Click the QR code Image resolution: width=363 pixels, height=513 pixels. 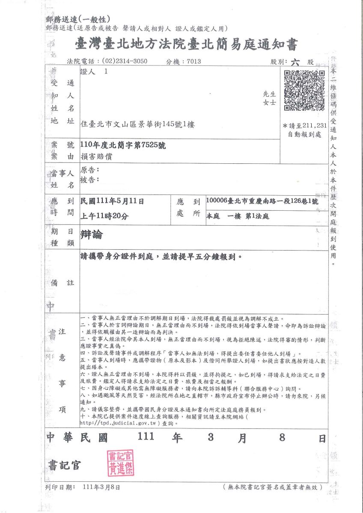coord(304,91)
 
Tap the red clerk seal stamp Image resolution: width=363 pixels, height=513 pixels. coord(121,463)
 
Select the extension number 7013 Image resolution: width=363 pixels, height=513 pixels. coord(194,62)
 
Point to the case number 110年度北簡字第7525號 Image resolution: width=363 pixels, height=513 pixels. coord(123,145)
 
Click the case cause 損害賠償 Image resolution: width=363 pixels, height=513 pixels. coord(96,157)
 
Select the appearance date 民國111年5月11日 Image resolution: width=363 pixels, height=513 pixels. coord(112,201)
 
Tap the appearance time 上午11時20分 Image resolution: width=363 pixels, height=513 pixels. coord(104,216)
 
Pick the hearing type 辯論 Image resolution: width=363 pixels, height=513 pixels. coord(92,234)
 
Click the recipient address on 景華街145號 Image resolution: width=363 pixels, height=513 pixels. coord(132,124)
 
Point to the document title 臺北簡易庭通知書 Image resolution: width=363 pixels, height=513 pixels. coord(185,44)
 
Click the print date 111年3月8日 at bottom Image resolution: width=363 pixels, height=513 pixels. coord(102,487)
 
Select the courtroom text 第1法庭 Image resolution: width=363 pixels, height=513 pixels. coord(257,216)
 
